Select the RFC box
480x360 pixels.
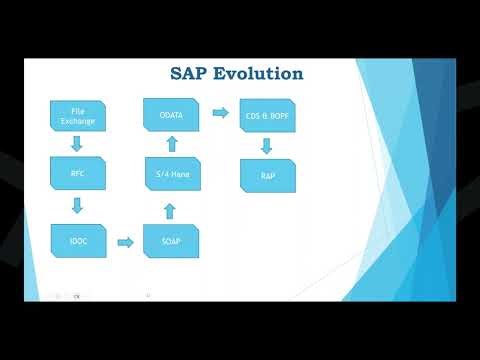coord(78,174)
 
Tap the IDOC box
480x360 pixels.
coord(78,241)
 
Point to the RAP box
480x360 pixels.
coord(267,175)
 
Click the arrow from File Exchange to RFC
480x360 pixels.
coord(78,144)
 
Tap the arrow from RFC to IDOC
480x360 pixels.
coord(78,207)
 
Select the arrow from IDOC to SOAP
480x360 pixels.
coord(125,242)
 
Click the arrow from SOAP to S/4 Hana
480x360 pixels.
coord(170,210)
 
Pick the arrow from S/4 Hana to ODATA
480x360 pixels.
coord(170,145)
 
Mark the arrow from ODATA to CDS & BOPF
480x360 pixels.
coord(220,113)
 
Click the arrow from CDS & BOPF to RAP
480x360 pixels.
coord(267,146)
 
